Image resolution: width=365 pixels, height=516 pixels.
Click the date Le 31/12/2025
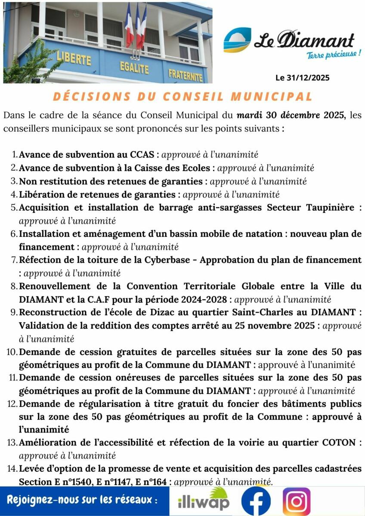pyautogui.click(x=302, y=78)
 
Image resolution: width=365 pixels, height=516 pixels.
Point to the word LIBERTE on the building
pyautogui.click(x=74, y=58)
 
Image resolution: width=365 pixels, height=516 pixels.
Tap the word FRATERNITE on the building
pyautogui.click(x=185, y=75)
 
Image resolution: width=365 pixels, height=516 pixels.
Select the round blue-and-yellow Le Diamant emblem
pyautogui.click(x=237, y=40)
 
